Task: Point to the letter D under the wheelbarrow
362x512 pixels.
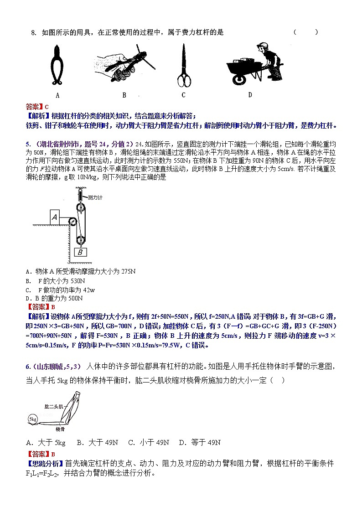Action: point(250,95)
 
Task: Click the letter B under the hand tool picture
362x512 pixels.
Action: point(124,95)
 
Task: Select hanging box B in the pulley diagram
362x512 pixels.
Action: point(80,252)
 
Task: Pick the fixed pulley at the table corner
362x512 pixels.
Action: point(72,222)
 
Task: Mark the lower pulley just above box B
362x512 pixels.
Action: point(81,240)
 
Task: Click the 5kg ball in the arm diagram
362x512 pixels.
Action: point(33,418)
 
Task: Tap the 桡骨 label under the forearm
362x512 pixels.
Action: point(60,429)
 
